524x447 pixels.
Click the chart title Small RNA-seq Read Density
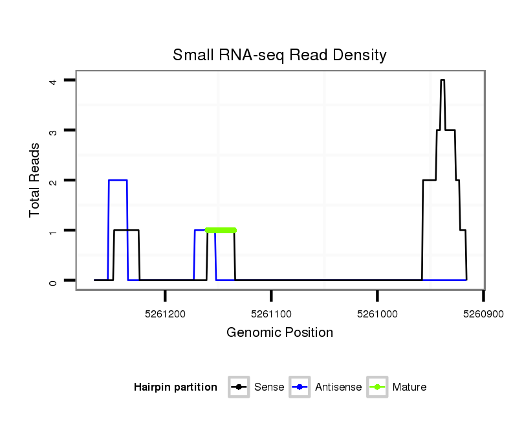coord(279,55)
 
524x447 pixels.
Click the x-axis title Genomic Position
coord(279,333)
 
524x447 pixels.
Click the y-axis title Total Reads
coord(35,180)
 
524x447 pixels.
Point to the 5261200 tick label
coord(166,314)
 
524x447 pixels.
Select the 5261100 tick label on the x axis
coord(272,314)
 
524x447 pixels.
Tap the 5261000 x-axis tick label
coord(378,314)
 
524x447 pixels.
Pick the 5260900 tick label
coord(483,314)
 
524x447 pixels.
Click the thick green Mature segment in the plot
coord(221,230)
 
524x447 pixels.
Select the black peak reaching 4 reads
coord(442,80)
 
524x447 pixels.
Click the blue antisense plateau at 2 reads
coord(118,180)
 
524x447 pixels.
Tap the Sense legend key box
coord(239,387)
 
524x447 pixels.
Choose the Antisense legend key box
coord(301,387)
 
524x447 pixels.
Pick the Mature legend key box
coord(377,387)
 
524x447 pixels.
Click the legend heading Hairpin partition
coord(175,387)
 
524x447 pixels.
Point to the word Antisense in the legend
coord(338,387)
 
